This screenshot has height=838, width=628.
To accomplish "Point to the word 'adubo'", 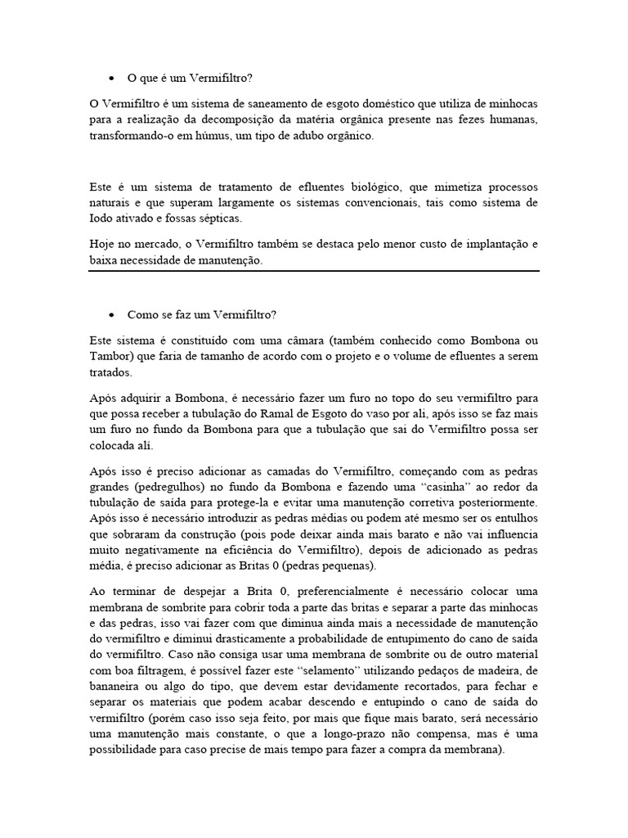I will (310, 136).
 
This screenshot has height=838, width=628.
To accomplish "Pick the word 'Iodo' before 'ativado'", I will (101, 219).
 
